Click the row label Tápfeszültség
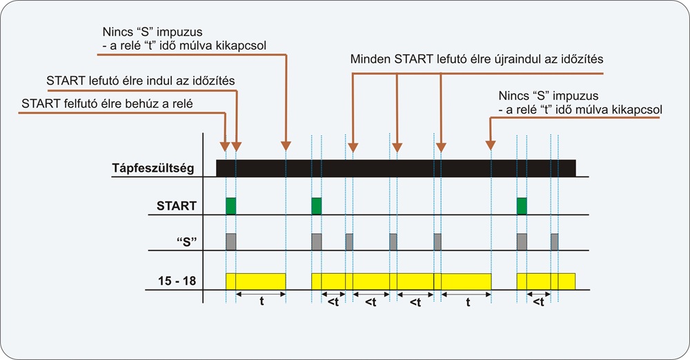tap(152, 168)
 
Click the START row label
tap(177, 206)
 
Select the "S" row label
tap(186, 241)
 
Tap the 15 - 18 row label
tap(177, 281)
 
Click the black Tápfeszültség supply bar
tap(396, 168)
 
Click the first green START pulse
tap(231, 206)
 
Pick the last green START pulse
tap(522, 206)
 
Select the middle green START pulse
tap(317, 206)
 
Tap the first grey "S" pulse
tap(231, 241)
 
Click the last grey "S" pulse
tap(555, 241)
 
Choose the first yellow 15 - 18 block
tap(256, 281)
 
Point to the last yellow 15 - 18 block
tap(546, 281)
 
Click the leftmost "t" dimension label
tap(262, 301)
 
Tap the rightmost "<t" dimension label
tap(539, 302)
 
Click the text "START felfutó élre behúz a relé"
tap(107, 104)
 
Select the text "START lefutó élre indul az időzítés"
tap(140, 81)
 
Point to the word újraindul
tap(517, 59)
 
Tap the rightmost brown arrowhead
tap(491, 146)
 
